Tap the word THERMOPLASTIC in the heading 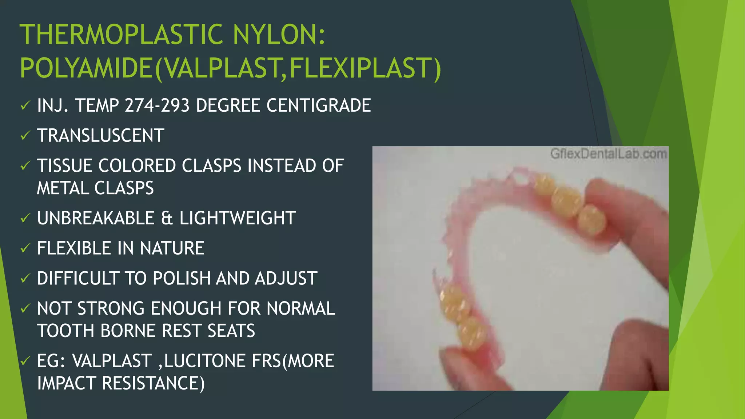[x=121, y=35]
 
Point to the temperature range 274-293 [x=157, y=105]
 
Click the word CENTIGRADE [x=319, y=105]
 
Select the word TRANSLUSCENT [x=101, y=136]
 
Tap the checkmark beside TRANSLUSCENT [x=25, y=136]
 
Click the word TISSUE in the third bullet [x=64, y=166]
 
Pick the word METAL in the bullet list [x=63, y=188]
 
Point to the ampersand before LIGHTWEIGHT [x=167, y=218]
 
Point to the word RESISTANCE [x=153, y=383]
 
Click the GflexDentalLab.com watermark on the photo [x=608, y=154]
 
